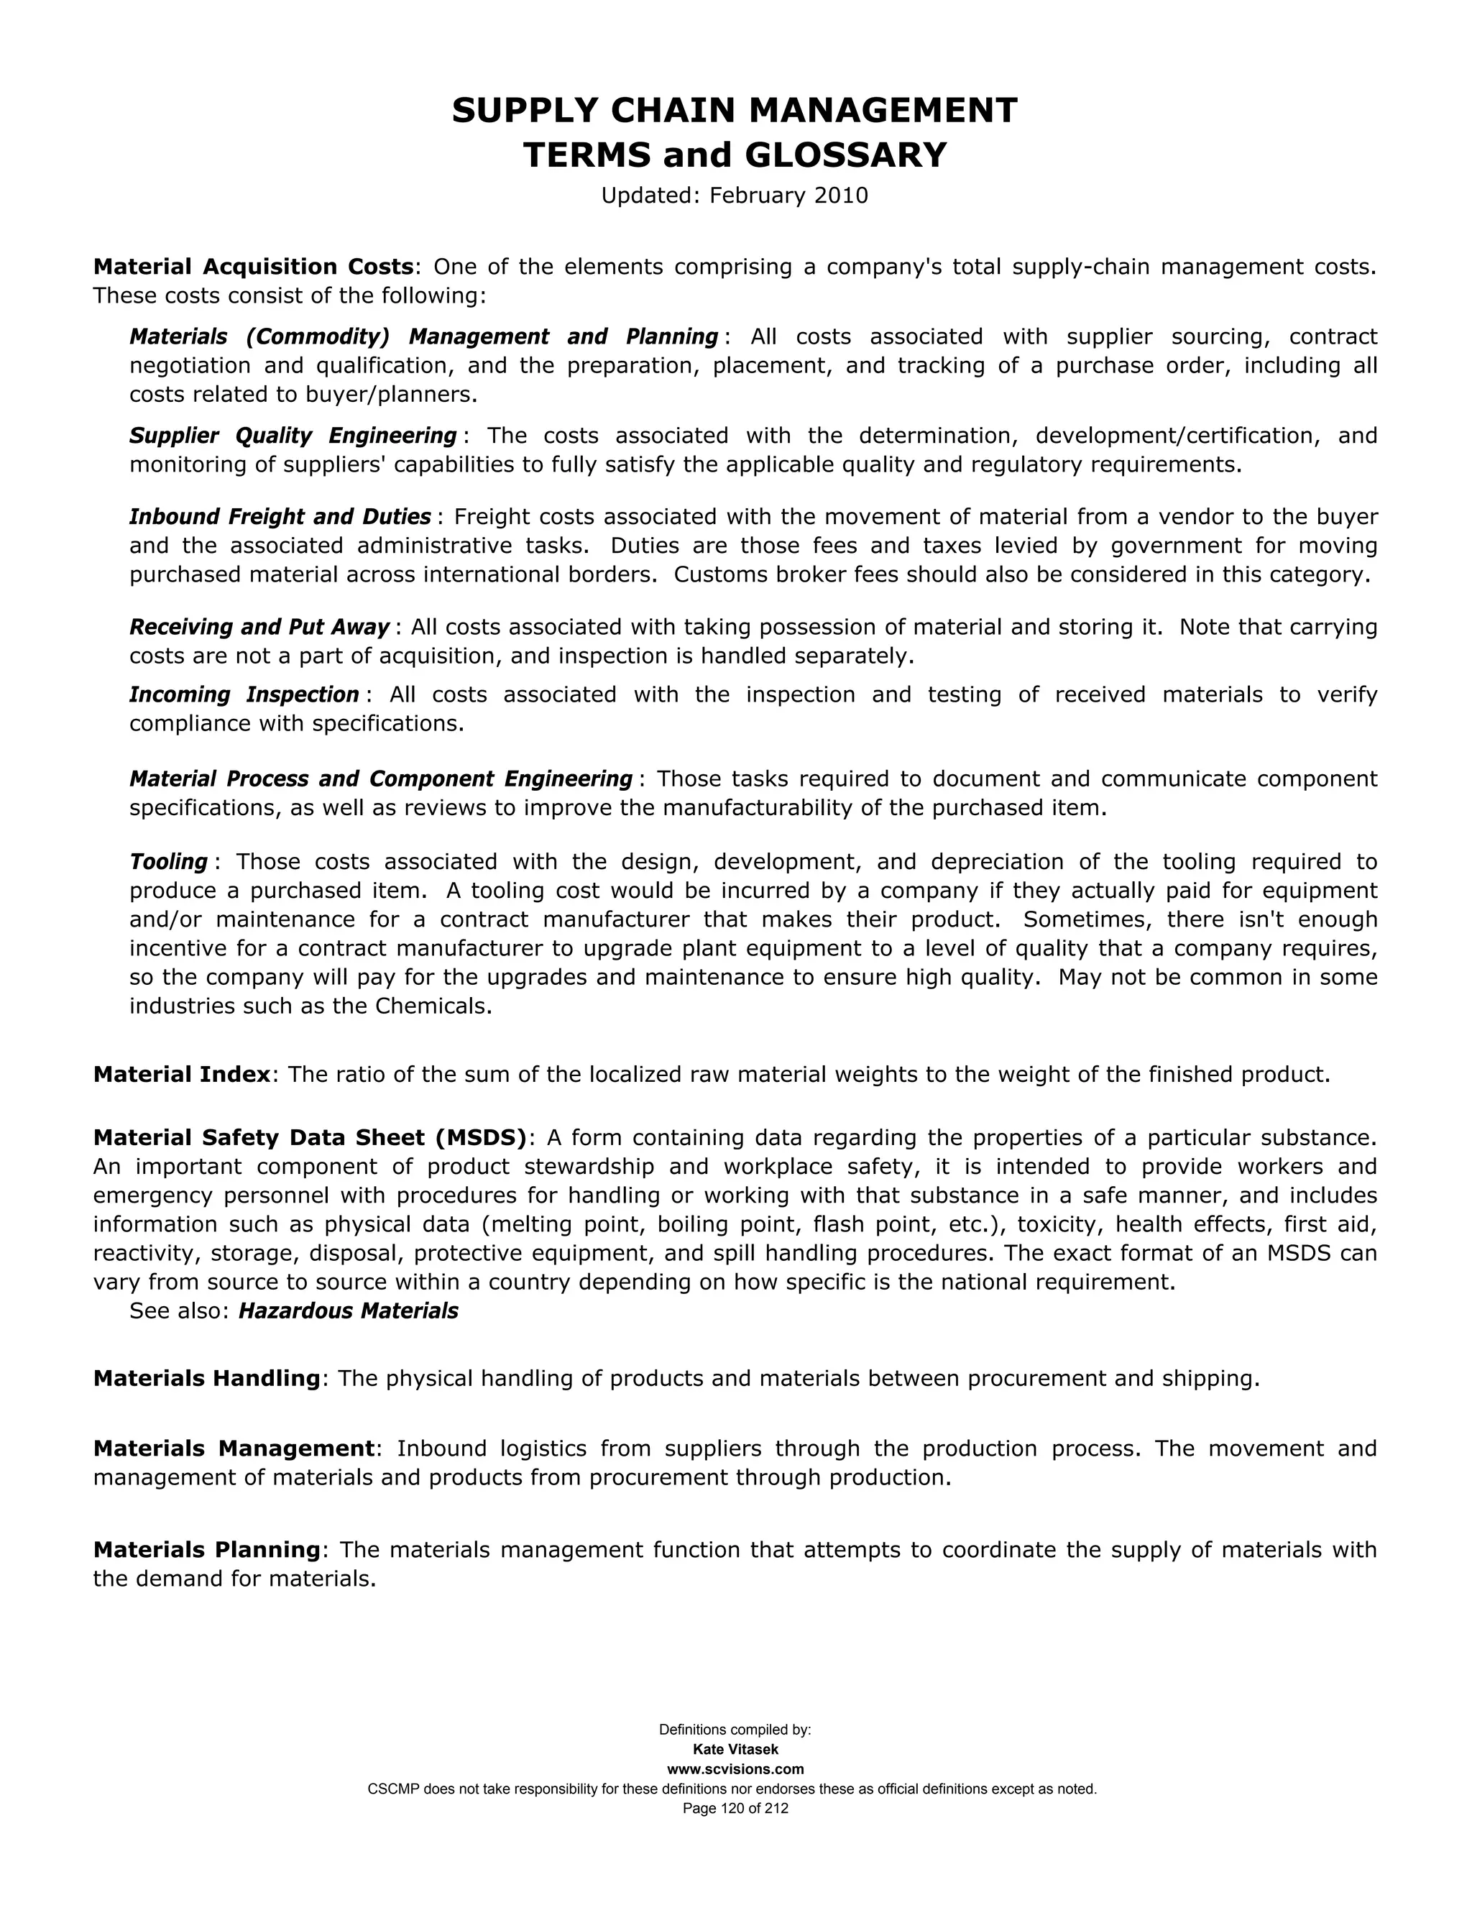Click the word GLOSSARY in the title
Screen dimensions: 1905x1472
pyautogui.click(x=844, y=155)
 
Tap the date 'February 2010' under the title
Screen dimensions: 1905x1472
pyautogui.click(x=788, y=196)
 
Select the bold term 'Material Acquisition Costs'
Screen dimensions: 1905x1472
pyautogui.click(x=253, y=266)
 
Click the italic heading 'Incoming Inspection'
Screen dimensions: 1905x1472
pyautogui.click(x=244, y=694)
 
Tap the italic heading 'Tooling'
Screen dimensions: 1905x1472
pyautogui.click(x=168, y=862)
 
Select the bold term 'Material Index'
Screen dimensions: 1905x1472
pyautogui.click(x=181, y=1074)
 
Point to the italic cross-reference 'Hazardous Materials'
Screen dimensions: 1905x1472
pyautogui.click(x=348, y=1311)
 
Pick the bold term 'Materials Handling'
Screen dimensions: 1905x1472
pyautogui.click(x=207, y=1378)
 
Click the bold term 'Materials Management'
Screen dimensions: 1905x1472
pyautogui.click(x=234, y=1448)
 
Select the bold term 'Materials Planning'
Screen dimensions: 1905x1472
pyautogui.click(x=207, y=1550)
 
